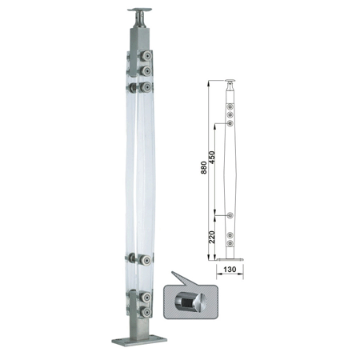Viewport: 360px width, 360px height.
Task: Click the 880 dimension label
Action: tap(204, 167)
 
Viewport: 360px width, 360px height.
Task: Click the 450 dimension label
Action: tap(211, 158)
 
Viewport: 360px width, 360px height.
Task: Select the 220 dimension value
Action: tap(211, 237)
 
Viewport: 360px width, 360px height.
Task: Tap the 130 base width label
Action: tap(230, 270)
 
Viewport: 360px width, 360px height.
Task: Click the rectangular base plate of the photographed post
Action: tap(139, 340)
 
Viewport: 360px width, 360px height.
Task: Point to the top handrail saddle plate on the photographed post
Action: tap(139, 10)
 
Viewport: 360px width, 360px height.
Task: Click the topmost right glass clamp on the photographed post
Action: tap(146, 56)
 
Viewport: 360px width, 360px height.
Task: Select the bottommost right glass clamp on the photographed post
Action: tap(146, 312)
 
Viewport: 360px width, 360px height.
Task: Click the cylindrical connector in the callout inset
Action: tap(190, 302)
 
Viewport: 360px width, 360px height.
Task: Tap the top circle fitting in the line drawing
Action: tap(230, 107)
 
